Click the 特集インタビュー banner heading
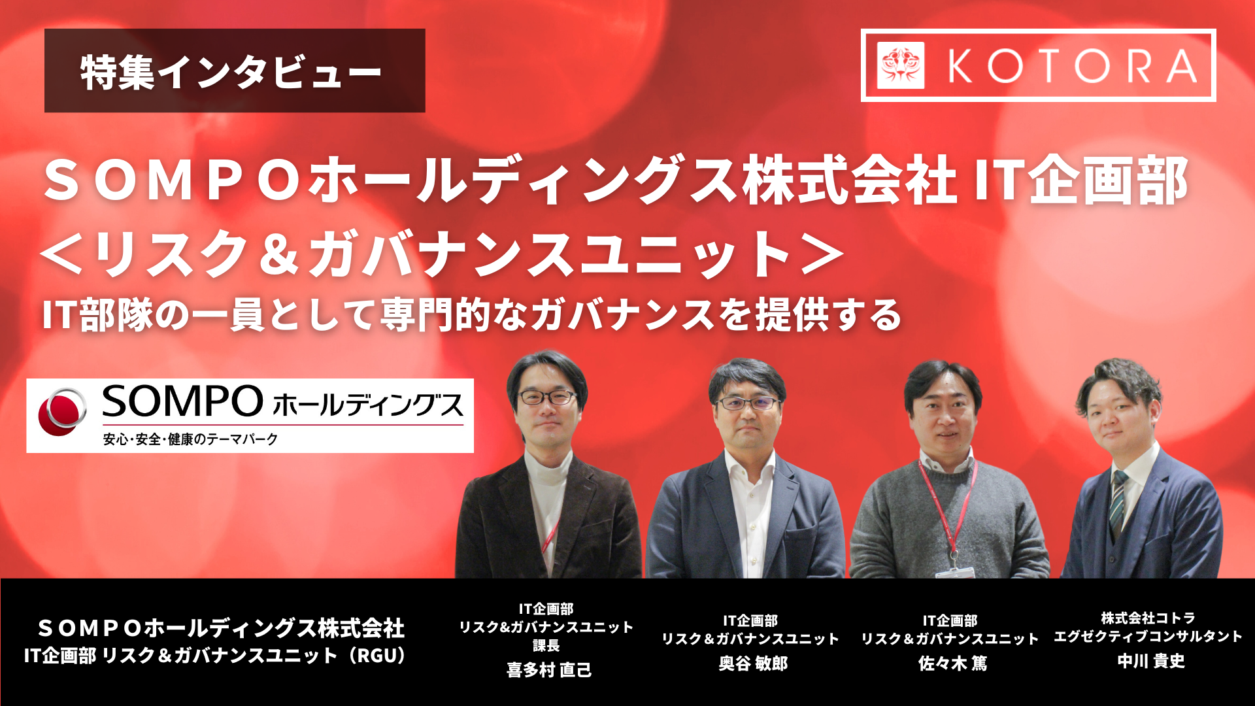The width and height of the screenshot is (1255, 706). [x=231, y=72]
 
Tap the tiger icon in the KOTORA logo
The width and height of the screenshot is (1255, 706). [x=901, y=65]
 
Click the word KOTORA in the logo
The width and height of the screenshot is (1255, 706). [x=1072, y=66]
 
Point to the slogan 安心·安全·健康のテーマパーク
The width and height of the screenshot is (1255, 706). [x=190, y=439]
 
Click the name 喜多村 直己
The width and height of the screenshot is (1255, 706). [x=549, y=670]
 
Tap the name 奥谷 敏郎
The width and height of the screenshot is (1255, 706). [x=753, y=664]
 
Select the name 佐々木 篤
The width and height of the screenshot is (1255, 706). [x=952, y=664]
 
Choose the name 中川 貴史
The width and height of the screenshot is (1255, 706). [x=1150, y=661]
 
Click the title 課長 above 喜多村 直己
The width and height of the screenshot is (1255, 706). [x=546, y=646]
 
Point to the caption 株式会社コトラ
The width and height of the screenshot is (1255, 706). [x=1148, y=618]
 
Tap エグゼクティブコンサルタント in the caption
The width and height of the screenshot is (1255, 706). [x=1148, y=636]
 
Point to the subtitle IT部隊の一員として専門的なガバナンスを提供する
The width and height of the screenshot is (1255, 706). [x=472, y=315]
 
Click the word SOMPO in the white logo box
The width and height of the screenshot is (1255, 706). [x=182, y=401]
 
